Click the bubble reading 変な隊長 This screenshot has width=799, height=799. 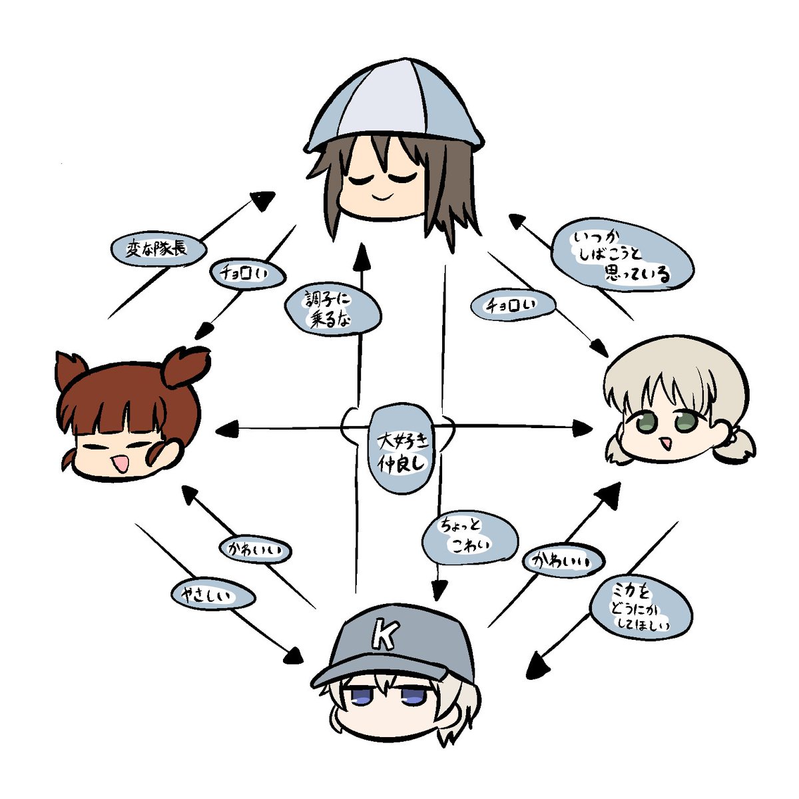(158, 250)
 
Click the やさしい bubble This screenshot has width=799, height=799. (213, 595)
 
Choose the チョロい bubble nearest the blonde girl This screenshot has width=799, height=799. (513, 305)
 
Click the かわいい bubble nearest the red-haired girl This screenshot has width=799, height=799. (256, 549)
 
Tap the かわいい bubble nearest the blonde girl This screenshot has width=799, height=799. (563, 561)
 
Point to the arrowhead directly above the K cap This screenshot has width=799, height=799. (439, 591)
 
